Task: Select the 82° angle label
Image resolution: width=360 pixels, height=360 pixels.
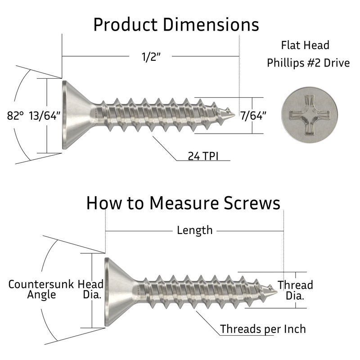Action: [x=15, y=116]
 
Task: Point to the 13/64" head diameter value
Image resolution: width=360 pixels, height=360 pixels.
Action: [x=45, y=116]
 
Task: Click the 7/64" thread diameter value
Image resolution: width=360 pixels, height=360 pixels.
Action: [x=253, y=115]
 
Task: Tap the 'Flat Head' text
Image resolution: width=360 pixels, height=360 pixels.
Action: [x=305, y=45]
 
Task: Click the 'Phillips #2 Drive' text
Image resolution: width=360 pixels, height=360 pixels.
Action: [x=308, y=63]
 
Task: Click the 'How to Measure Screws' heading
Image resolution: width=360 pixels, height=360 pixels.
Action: [x=183, y=203]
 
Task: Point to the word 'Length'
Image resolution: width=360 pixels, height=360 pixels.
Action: [x=194, y=230]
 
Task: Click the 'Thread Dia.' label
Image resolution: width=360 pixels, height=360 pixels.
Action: [x=295, y=290]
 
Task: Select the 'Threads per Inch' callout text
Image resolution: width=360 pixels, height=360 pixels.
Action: [x=263, y=329]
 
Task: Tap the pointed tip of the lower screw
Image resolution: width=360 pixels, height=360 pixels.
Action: [x=275, y=290]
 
